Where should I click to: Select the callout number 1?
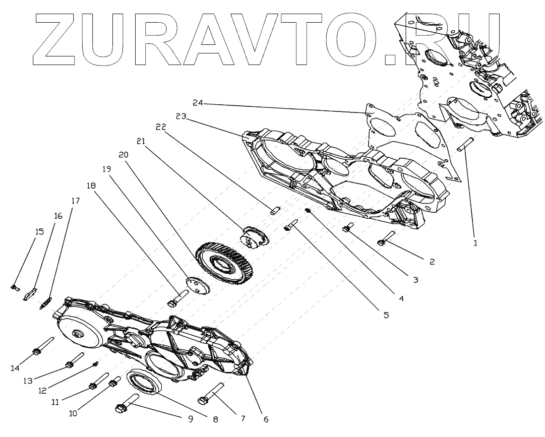[x=474, y=242]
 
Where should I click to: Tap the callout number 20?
[x=124, y=155]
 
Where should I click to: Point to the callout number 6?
[x=266, y=419]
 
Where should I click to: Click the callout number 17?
[x=75, y=201]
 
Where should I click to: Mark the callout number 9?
[x=190, y=418]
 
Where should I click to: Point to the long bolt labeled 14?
[x=43, y=346]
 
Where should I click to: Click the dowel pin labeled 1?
[x=464, y=145]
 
